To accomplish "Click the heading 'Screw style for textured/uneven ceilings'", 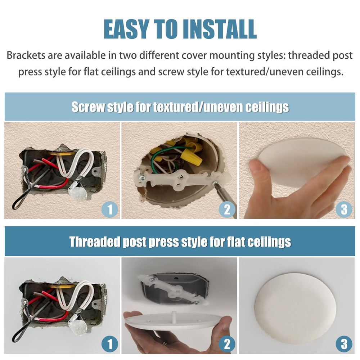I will tap(180, 107).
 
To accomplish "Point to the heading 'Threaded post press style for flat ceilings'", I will tap(180, 242).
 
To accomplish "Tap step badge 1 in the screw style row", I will tap(110, 209).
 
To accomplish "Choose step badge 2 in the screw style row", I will tap(227, 209).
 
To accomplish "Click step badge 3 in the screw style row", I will tap(344, 209).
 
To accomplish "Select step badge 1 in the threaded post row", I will tap(110, 344).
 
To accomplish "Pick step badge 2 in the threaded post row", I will tap(227, 344).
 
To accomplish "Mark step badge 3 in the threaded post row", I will tap(344, 344).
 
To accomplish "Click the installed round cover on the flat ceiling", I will tap(295, 308).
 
